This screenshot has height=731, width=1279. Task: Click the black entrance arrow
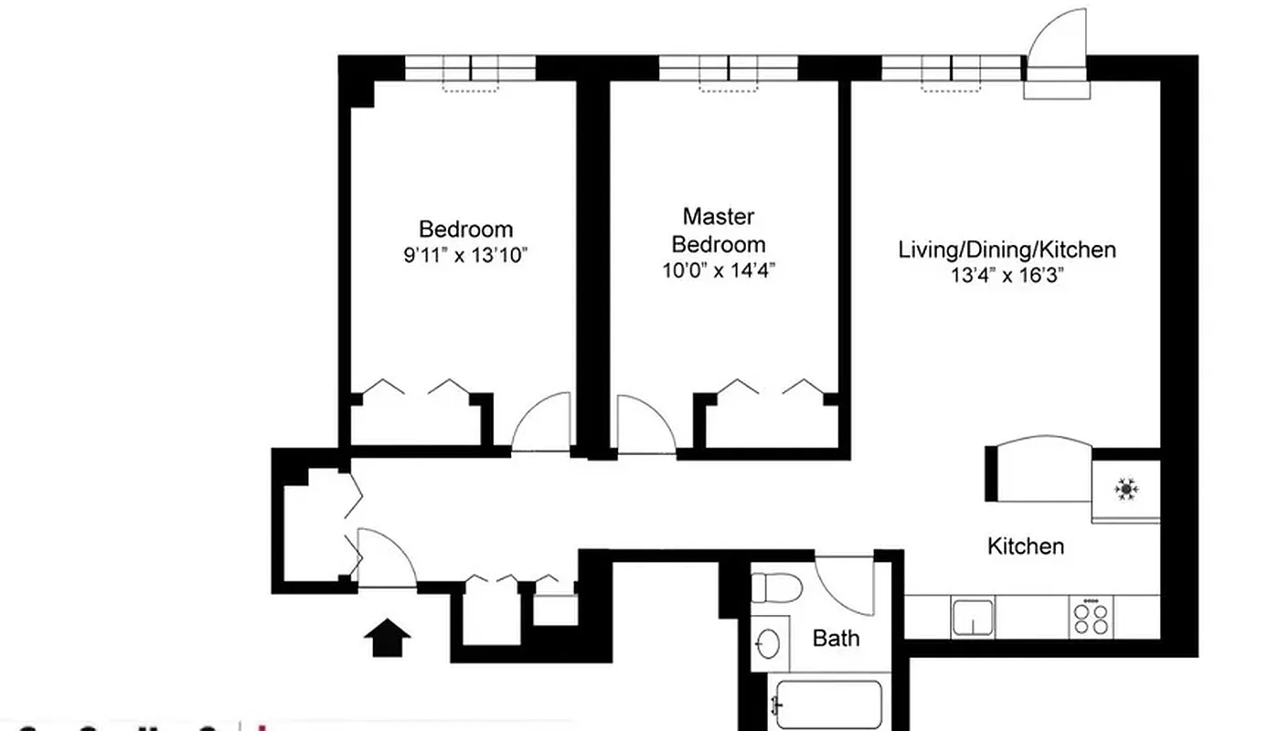[388, 637]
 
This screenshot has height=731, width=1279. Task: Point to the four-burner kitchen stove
[1089, 617]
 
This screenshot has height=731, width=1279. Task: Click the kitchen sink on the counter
[973, 617]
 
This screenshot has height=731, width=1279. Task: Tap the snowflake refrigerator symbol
[1126, 491]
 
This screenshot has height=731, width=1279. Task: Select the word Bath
[836, 637]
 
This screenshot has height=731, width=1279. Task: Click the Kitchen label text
[1026, 546]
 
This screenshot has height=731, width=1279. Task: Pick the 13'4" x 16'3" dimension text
[1007, 276]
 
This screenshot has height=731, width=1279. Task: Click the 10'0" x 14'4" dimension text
[719, 270]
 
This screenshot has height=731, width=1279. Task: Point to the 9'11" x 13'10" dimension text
[466, 255]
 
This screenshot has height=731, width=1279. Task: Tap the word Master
[719, 217]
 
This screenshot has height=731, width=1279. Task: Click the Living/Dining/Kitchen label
[1007, 249]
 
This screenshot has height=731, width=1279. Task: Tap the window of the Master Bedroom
[728, 69]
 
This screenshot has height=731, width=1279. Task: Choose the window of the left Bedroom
[470, 69]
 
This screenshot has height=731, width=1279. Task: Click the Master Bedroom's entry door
[645, 425]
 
